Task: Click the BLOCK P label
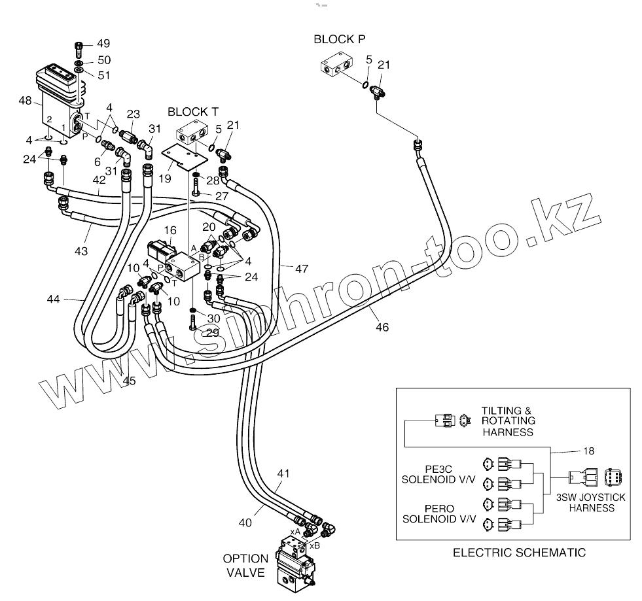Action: click(339, 39)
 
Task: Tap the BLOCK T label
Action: click(193, 111)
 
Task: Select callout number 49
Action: click(103, 44)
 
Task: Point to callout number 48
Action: click(26, 101)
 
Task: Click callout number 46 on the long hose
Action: click(382, 326)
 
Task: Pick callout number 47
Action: click(302, 269)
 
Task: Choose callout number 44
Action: click(54, 299)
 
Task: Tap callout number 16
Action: click(170, 230)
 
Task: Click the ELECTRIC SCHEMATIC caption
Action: click(519, 553)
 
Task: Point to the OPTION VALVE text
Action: click(245, 566)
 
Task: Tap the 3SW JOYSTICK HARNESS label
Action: click(591, 502)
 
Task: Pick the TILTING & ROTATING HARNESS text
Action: click(508, 421)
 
